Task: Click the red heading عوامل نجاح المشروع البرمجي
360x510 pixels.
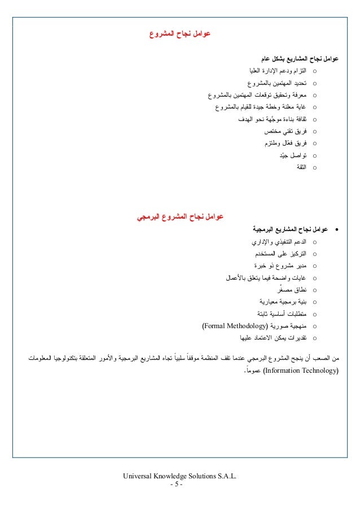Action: click(x=181, y=216)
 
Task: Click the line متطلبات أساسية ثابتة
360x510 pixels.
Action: click(x=279, y=314)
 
